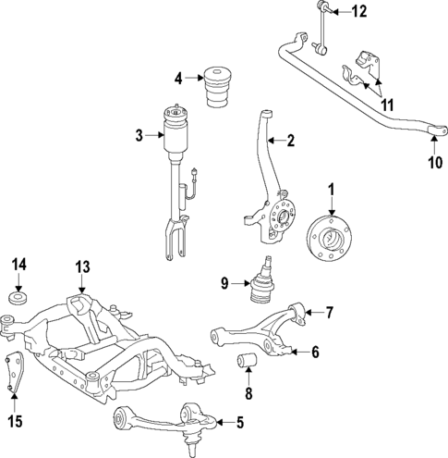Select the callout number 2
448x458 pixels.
[290, 142]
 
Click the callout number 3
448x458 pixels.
[139, 136]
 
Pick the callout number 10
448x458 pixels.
[433, 164]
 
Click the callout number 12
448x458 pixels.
[358, 12]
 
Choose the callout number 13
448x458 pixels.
[82, 267]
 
